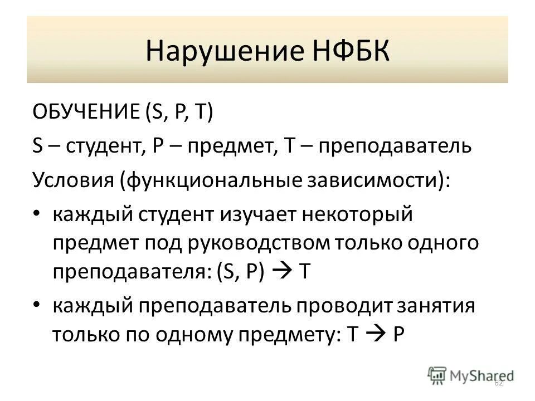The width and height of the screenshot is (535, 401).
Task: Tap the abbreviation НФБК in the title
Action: (x=345, y=51)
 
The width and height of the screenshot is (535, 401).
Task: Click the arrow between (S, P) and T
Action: (x=285, y=272)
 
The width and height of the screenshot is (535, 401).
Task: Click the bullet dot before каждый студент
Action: (x=37, y=215)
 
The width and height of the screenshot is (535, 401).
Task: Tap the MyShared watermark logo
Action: (x=471, y=374)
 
